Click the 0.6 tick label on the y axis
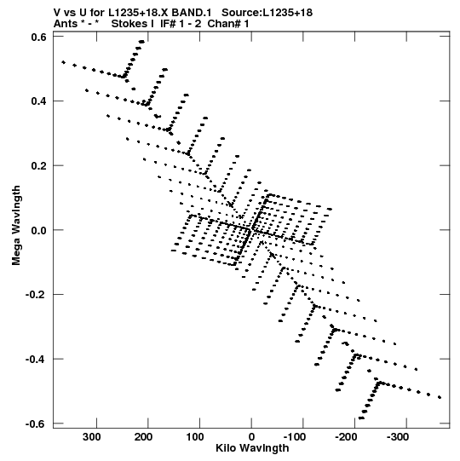pyautogui.click(x=38, y=37)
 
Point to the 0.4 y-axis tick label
pyautogui.click(x=38, y=101)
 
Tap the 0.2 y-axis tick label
pyautogui.click(x=38, y=165)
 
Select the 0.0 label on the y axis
pyautogui.click(x=38, y=230)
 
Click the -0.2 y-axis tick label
pyautogui.click(x=36, y=295)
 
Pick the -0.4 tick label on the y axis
pyautogui.click(x=36, y=360)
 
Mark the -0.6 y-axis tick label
pyautogui.click(x=36, y=424)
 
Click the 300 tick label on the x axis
pyautogui.click(x=91, y=437)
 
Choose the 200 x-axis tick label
pyautogui.click(x=143, y=437)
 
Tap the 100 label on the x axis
pyautogui.click(x=195, y=437)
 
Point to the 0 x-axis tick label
pyautogui.click(x=251, y=437)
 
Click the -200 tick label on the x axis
pyautogui.click(x=346, y=437)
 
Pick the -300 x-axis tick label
pyautogui.click(x=398, y=437)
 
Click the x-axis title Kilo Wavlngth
pyautogui.click(x=252, y=448)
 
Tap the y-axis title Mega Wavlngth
pyautogui.click(x=16, y=225)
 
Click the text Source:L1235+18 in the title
pyautogui.click(x=267, y=13)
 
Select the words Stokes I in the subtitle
pyautogui.click(x=133, y=24)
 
